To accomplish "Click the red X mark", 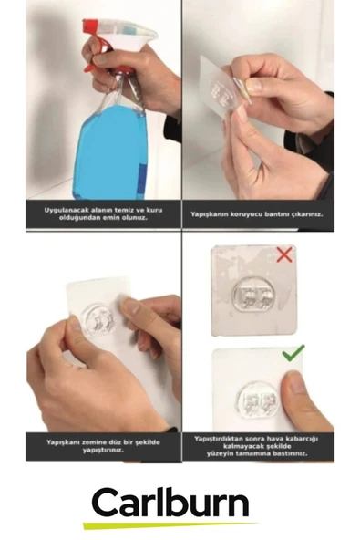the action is tap(284, 255).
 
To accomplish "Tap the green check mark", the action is tap(293, 353).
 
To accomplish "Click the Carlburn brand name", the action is tap(170, 502).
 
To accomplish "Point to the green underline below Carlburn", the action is tap(170, 524).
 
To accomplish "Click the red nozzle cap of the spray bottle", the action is tap(90, 25).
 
